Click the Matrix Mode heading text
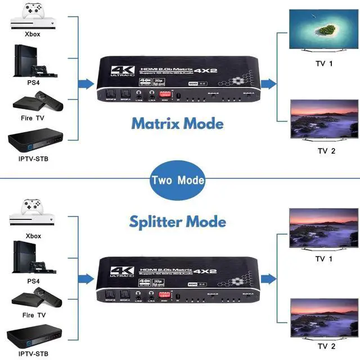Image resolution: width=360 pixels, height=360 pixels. click(177, 123)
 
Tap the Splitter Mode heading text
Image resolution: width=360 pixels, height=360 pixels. click(177, 221)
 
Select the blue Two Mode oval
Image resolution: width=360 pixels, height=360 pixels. click(177, 181)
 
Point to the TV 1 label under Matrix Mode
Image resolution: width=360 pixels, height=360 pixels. click(325, 63)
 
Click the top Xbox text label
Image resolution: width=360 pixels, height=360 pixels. click(33, 34)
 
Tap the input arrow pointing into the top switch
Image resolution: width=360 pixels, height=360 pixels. click(85, 84)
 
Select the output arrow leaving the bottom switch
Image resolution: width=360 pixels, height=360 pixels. click(269, 277)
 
